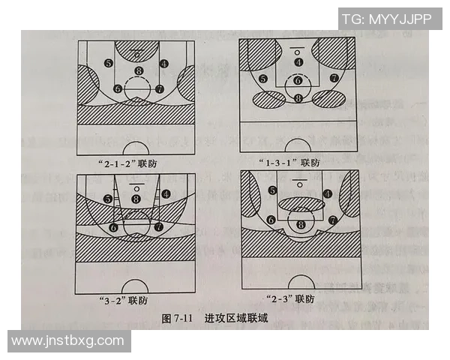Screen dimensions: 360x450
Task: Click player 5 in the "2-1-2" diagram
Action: coord(109,64)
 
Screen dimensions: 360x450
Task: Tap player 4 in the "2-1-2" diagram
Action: coord(164,64)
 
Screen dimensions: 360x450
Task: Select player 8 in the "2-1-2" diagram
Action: coord(137,71)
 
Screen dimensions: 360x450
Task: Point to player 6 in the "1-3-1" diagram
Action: coord(298,80)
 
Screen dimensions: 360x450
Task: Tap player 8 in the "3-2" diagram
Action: coord(136,199)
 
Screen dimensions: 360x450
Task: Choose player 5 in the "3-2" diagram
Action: coord(109,199)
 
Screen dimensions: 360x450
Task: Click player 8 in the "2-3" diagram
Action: coord(301,223)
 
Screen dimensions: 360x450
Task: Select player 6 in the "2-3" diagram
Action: coord(270,220)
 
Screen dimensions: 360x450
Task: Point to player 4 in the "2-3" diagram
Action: coord(328,193)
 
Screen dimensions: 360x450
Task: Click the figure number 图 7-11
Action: coord(178,319)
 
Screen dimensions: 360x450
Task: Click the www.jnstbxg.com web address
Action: coord(68,341)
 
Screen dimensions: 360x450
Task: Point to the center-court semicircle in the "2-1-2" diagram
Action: coord(136,150)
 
